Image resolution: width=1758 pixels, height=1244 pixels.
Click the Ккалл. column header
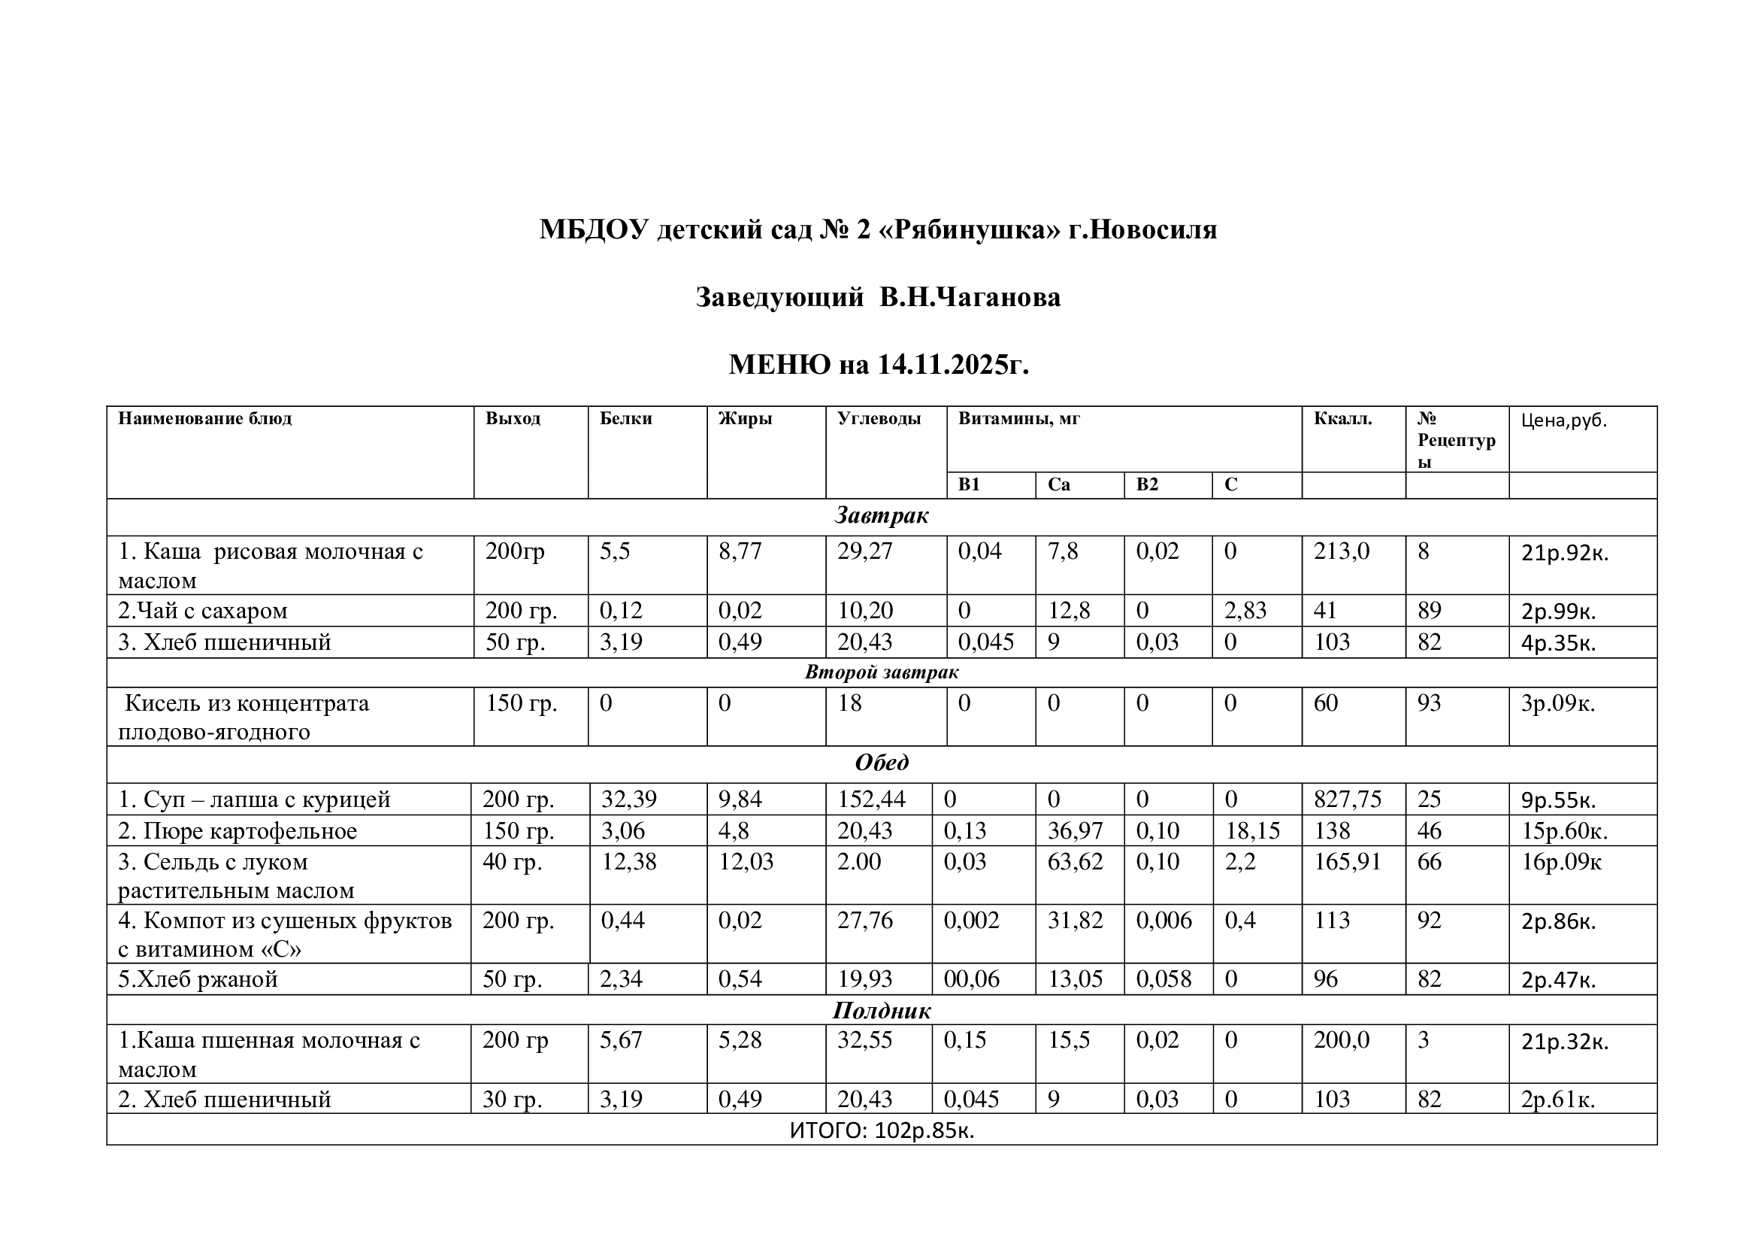point(1342,419)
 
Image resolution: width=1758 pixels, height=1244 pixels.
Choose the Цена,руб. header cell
point(1563,420)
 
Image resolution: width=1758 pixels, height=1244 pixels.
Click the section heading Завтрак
point(882,515)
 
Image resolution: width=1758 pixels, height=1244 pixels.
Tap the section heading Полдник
point(882,1011)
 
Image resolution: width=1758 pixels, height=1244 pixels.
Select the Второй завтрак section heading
point(882,672)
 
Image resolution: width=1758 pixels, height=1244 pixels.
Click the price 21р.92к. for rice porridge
point(1564,553)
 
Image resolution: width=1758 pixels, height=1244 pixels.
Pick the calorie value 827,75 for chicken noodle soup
point(1347,799)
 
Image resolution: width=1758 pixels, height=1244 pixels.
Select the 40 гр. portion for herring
point(512,863)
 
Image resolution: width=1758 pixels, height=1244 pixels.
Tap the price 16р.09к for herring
point(1560,863)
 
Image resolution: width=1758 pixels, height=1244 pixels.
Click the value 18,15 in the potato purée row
point(1252,831)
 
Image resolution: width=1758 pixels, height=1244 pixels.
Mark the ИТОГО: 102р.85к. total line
point(882,1130)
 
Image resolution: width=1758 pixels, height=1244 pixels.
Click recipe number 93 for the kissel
point(1429,703)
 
